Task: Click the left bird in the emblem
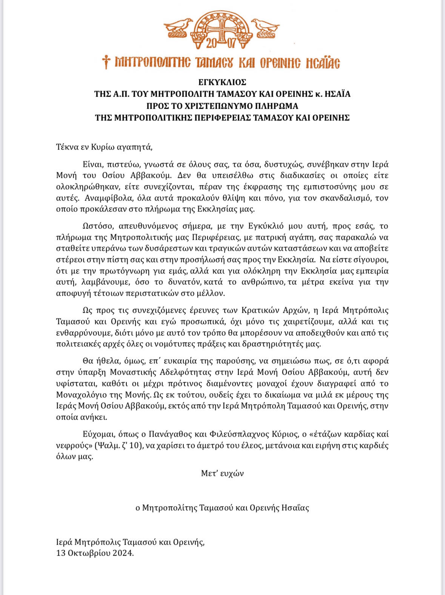pyautogui.click(x=178, y=26)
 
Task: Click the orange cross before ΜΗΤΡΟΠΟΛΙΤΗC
pyautogui.click(x=106, y=62)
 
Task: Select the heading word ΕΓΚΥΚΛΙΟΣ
pyautogui.click(x=222, y=82)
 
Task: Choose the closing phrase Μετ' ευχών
pyautogui.click(x=222, y=473)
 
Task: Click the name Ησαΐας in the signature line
pyautogui.click(x=295, y=508)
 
